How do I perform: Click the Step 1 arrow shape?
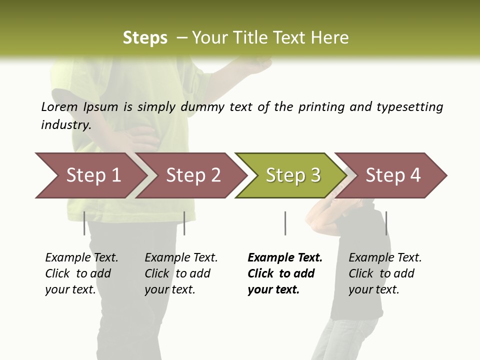90,175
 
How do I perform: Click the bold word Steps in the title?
145,38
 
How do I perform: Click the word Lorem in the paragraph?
59,106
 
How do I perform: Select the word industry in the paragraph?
65,125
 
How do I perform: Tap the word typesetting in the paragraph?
409,107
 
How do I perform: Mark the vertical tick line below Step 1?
84,223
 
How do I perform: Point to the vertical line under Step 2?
184,223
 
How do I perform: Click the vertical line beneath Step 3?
285,223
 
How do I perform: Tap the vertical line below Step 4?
386,223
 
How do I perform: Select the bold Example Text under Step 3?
285,258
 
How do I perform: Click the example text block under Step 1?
81,273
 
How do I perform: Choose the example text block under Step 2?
181,273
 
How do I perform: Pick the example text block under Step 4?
385,273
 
